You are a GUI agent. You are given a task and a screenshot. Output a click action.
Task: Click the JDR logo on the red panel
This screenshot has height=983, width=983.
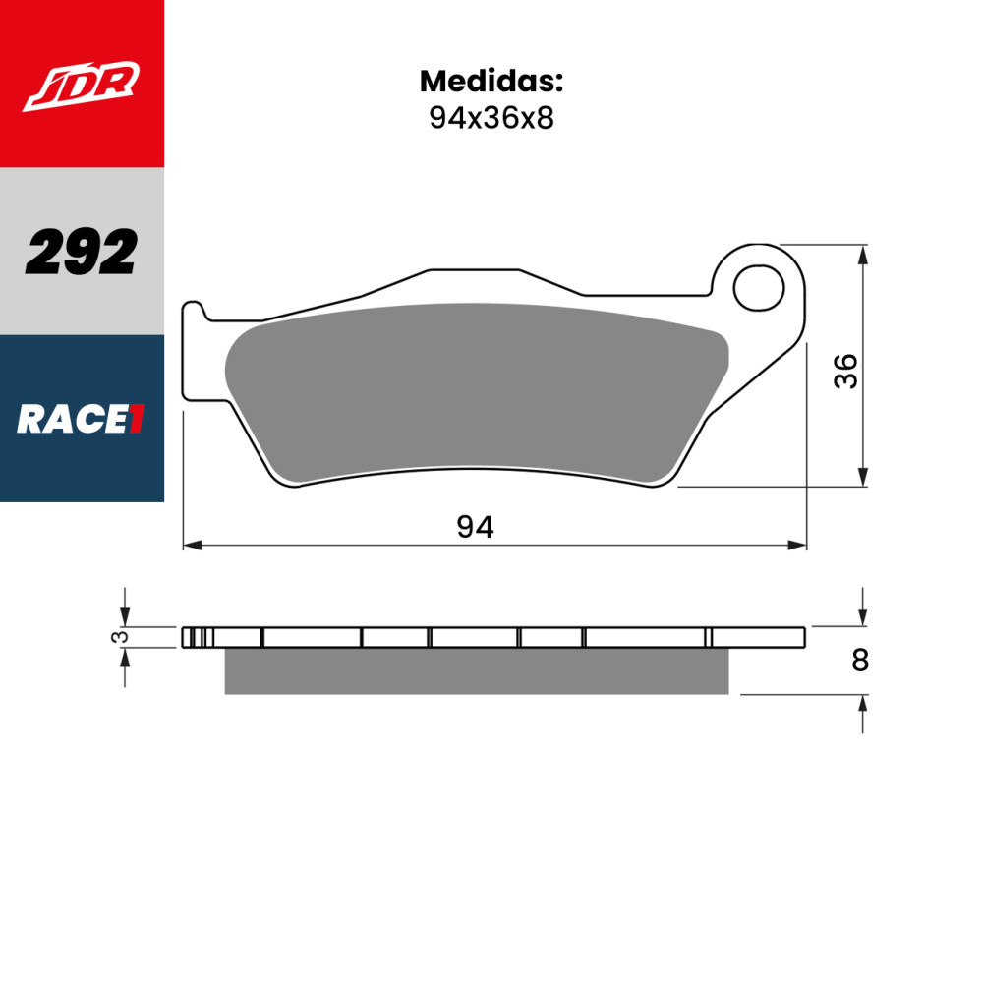82,86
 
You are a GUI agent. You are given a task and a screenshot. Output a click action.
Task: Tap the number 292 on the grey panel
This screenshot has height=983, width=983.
82,253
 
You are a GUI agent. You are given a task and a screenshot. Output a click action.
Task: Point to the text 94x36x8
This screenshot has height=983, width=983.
491,118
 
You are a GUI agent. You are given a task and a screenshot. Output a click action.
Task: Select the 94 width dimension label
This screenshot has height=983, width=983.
475,528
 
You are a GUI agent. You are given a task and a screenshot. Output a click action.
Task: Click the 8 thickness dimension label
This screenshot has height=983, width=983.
860,661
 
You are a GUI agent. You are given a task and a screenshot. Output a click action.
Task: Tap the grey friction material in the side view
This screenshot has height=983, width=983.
477,671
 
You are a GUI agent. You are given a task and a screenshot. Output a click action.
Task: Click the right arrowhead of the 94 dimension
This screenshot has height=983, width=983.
798,545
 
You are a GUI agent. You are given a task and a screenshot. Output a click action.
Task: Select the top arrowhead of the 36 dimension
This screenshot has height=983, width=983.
863,254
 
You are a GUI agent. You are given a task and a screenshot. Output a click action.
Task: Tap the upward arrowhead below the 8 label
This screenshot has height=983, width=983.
863,704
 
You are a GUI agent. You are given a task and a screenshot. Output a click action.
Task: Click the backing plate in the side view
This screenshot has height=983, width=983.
491,637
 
